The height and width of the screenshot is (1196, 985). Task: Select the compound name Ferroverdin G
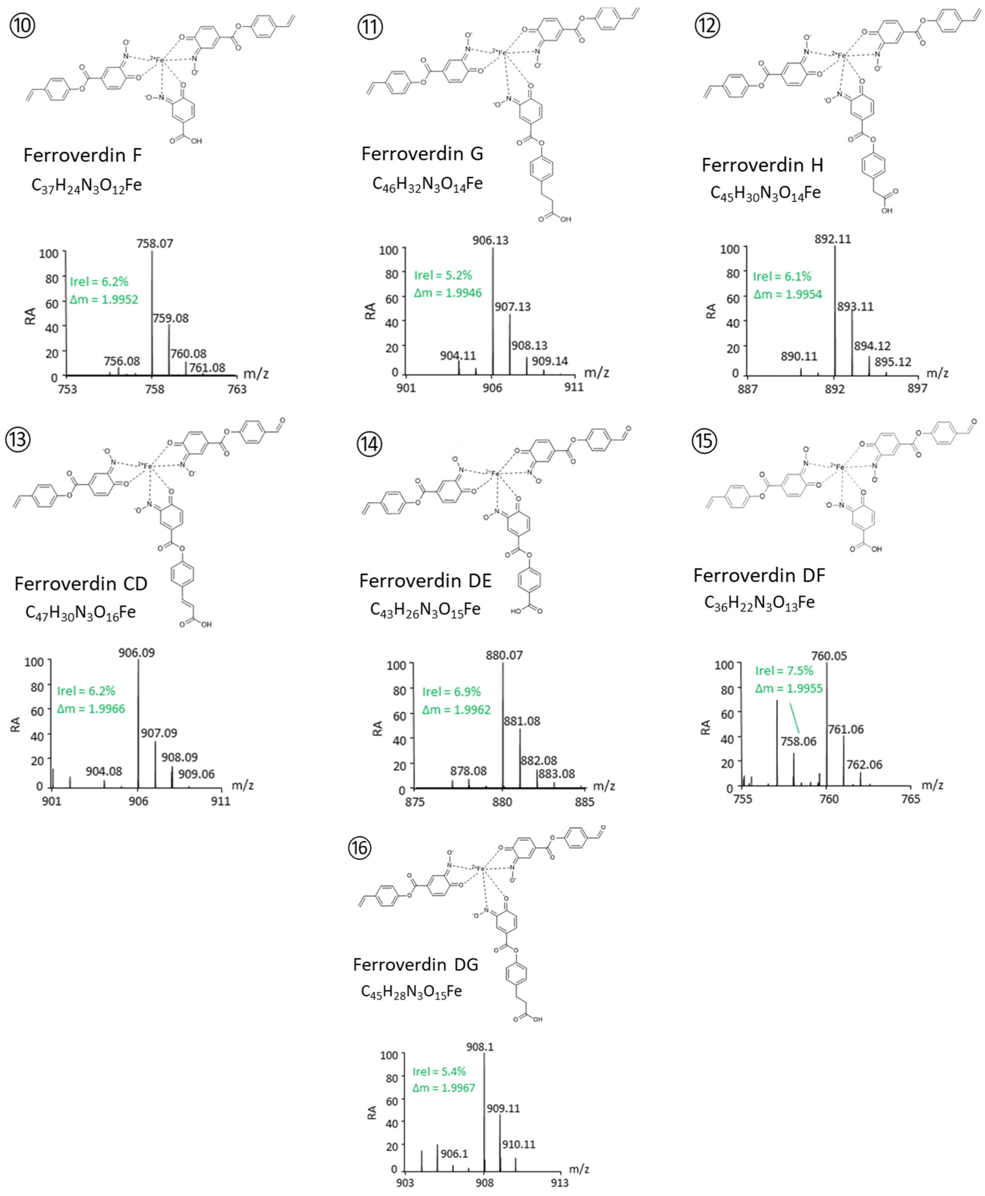point(422,154)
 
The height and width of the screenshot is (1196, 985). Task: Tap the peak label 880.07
point(504,655)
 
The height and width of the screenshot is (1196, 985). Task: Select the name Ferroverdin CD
point(81,584)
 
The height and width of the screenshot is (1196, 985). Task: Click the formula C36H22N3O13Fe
point(759,603)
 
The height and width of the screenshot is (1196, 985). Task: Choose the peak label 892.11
point(833,239)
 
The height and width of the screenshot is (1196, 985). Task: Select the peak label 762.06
point(864,764)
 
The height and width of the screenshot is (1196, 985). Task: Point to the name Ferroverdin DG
point(415,965)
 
